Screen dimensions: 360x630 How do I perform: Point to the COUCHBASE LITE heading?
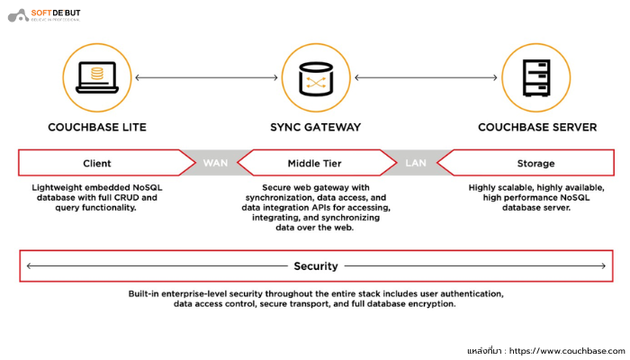[96, 127]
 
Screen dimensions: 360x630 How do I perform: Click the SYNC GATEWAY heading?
[316, 127]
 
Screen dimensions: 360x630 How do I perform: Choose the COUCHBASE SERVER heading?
[536, 127]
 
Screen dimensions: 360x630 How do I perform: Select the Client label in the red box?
[96, 163]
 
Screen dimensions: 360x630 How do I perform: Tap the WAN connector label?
[216, 163]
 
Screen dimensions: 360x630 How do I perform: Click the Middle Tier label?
[316, 163]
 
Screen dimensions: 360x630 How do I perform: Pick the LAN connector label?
[416, 163]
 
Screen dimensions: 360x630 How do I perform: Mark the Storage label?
[536, 163]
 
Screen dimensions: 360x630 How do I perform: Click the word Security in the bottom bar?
[316, 265]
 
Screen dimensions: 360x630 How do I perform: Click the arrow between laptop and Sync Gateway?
[206, 77]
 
